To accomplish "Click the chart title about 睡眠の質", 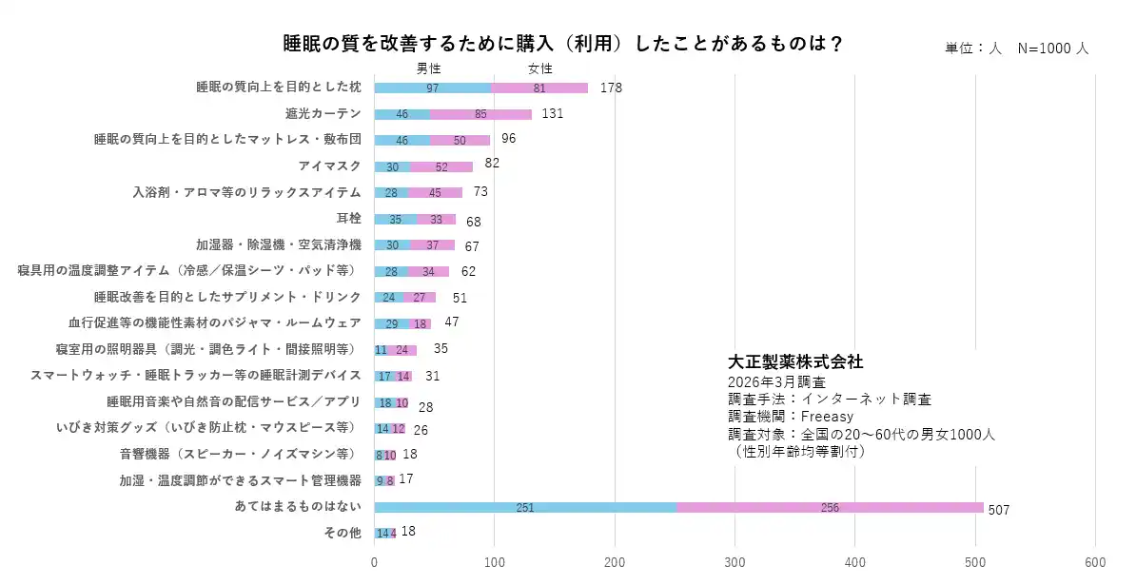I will click(x=563, y=44).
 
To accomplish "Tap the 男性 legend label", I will click(x=429, y=68).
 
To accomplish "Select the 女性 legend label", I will click(x=540, y=68).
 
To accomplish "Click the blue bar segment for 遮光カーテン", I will click(x=402, y=114).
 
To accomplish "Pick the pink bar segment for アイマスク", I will click(x=441, y=166).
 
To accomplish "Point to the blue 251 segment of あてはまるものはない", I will click(x=525, y=507).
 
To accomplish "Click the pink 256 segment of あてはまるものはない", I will click(x=830, y=507).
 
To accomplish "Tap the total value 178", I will click(x=611, y=88).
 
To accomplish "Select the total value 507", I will click(x=999, y=510).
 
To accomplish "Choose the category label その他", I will click(x=343, y=533).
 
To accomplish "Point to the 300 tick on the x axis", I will click(x=734, y=562).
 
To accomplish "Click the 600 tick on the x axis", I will click(x=1096, y=562).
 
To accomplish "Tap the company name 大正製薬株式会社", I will click(x=795, y=362).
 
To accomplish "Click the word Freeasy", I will click(x=827, y=417).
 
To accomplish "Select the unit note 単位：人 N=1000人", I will click(x=1016, y=48).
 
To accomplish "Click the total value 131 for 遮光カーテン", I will click(x=553, y=113).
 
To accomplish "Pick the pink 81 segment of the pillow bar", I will click(x=539, y=88).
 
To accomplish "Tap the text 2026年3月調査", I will click(x=776, y=381).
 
